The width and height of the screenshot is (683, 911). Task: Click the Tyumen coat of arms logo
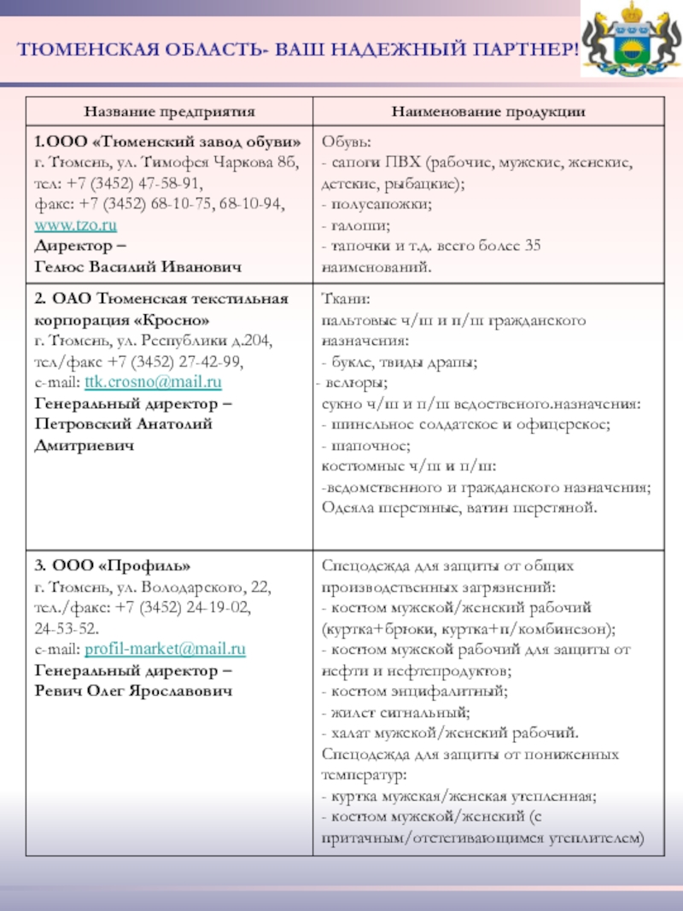tap(631, 42)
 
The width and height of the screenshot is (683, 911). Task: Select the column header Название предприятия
tap(169, 112)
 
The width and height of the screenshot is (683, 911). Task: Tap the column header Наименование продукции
tap(488, 112)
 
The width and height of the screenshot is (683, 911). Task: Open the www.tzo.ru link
tap(75, 225)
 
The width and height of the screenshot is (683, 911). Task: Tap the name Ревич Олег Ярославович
tap(133, 691)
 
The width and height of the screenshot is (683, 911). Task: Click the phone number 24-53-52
tap(66, 628)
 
